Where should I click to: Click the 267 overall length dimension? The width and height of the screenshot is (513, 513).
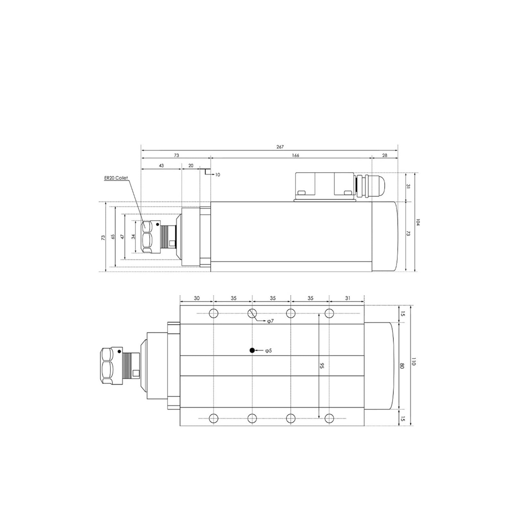coord(280,147)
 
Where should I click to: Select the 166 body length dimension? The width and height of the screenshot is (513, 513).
coord(295,156)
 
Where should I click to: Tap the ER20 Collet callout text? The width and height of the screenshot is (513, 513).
coord(116,178)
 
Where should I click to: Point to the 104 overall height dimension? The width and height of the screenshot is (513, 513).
coord(417,222)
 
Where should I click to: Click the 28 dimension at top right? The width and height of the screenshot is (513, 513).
coord(385,156)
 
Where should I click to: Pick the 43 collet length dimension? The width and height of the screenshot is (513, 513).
coord(161,165)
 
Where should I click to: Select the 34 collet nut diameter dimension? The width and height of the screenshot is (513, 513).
coord(133,236)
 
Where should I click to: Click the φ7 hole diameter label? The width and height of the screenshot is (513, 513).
coord(270,321)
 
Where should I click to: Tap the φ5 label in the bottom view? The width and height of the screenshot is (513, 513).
coord(268,351)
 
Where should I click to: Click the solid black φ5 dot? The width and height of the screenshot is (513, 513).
coord(252,350)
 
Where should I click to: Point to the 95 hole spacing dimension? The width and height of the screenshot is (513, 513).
coord(322,366)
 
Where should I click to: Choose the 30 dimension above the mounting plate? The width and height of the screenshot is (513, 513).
coord(197,298)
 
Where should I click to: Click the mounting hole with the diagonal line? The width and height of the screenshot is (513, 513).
coord(252,313)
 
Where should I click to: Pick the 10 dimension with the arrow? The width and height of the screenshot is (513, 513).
coord(218,175)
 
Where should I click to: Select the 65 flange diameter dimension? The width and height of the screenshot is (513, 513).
coord(113,237)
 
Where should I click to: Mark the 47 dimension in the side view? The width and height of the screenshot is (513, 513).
coord(122,237)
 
